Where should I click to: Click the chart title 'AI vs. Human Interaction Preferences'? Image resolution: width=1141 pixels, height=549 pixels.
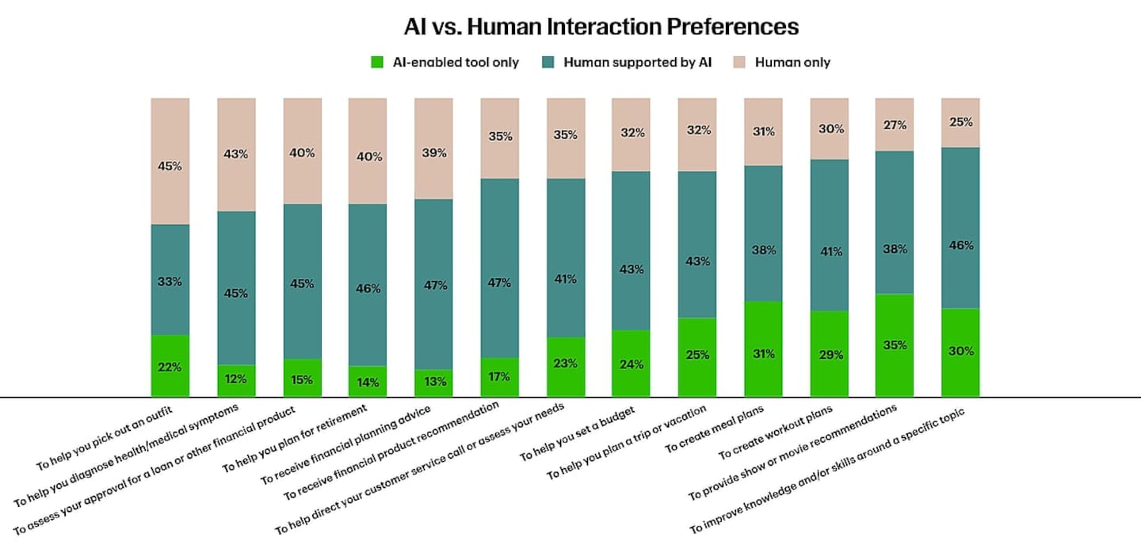[x=601, y=26]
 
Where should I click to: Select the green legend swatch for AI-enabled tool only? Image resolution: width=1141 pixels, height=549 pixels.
[x=377, y=62]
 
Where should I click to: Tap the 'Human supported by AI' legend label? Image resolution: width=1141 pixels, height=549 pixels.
[x=637, y=62]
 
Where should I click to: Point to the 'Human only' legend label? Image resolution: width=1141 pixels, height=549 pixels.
[x=792, y=62]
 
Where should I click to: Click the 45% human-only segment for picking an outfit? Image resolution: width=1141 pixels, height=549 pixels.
[x=170, y=161]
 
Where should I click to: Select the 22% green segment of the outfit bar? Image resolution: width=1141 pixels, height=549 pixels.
[x=170, y=366]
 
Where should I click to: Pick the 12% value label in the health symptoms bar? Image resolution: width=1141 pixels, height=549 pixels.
[x=235, y=379]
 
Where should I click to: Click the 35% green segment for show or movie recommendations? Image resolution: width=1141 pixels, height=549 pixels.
[x=895, y=345]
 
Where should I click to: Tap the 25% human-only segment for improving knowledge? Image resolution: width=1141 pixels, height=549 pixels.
[x=960, y=123]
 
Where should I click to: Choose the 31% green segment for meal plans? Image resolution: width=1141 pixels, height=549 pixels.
[x=763, y=349]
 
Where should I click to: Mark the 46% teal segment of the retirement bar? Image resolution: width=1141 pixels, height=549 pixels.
[x=368, y=285]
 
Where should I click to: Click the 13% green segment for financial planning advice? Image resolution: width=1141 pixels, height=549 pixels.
[x=433, y=383]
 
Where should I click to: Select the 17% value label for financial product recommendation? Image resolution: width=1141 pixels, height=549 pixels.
[x=499, y=377]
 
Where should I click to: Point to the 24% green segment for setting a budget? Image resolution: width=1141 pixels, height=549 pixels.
[x=631, y=363]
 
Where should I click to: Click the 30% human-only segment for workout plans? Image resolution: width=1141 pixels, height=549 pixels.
[x=830, y=129]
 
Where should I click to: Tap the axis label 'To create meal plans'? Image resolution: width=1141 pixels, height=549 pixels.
[x=714, y=429]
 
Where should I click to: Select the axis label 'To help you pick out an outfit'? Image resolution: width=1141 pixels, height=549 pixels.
[x=105, y=437]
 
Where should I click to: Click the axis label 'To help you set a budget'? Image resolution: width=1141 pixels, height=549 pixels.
[x=577, y=433]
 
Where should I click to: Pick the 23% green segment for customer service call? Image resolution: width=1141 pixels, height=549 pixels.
[x=566, y=367]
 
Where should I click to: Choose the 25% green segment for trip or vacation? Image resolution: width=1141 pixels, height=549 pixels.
[x=697, y=357]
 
